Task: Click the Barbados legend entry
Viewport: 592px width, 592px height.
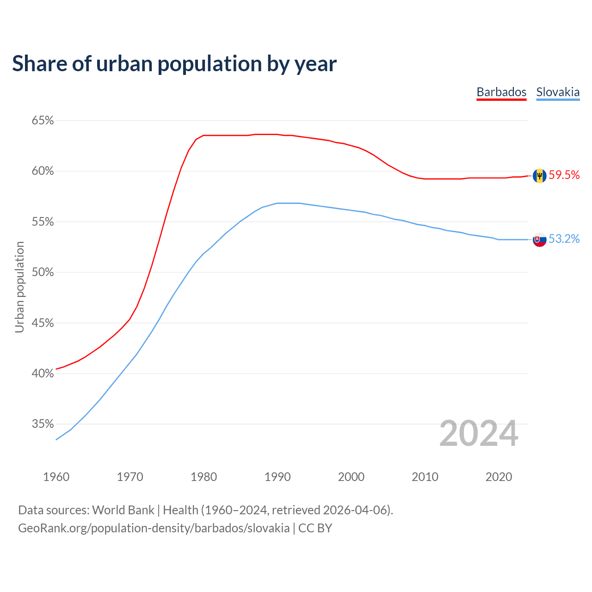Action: tap(501, 92)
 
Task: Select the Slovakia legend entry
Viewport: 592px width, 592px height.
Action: tap(558, 92)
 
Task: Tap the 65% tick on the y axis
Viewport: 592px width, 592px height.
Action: tap(43, 121)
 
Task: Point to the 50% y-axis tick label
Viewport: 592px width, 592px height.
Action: tap(43, 272)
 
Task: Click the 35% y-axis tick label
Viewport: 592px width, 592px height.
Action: tap(43, 424)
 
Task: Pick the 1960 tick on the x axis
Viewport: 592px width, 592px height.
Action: tap(56, 477)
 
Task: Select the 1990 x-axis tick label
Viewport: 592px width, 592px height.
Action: tap(277, 477)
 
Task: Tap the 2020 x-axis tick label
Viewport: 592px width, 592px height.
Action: tap(499, 477)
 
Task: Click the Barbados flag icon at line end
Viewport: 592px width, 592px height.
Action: tap(539, 176)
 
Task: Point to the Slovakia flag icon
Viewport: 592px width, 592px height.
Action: tap(539, 240)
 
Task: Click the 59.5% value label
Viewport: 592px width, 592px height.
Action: tap(564, 175)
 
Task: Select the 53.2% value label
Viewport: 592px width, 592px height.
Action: tap(564, 239)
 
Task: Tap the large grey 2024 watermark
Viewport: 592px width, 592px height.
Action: tap(479, 433)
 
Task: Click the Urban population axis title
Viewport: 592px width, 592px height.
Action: tap(19, 287)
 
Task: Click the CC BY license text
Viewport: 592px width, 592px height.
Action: tap(315, 528)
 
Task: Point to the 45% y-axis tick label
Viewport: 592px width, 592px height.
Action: tap(43, 323)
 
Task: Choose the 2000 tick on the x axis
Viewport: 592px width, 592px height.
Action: tap(351, 477)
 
